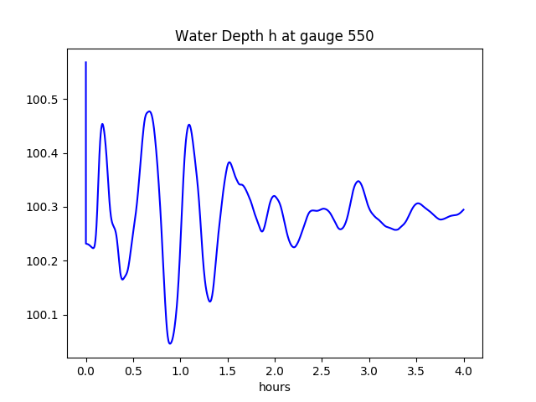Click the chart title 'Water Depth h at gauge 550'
[274, 37]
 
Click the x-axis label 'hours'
[275, 388]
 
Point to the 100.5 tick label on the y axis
[44, 100]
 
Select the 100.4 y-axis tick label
[44, 153]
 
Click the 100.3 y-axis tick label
[44, 207]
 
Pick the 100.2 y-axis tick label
[44, 261]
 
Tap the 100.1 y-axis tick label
[44, 315]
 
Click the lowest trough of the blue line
[170, 343]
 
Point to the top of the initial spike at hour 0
[86, 62]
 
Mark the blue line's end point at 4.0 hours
[464, 209]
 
